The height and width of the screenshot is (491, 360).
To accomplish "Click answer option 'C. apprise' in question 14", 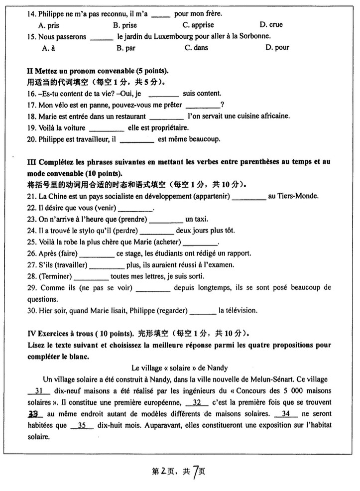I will pos(198,25).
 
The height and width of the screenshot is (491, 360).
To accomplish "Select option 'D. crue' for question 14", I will pos(271,25).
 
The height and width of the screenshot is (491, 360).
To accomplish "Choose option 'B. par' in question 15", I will pos(125,48).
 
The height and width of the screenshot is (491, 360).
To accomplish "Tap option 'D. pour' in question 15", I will pos(277,48).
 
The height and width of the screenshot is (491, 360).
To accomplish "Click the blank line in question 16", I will pos(163,94).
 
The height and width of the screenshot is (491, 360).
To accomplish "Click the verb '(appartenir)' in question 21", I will pos(211,197).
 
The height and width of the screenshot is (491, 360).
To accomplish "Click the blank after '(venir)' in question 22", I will pos(134,209).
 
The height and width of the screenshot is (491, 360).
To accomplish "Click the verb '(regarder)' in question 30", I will pos(172,311).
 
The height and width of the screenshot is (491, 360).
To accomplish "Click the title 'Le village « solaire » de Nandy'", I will pos(180,368).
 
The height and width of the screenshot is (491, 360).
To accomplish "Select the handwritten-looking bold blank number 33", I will pos(34,414).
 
